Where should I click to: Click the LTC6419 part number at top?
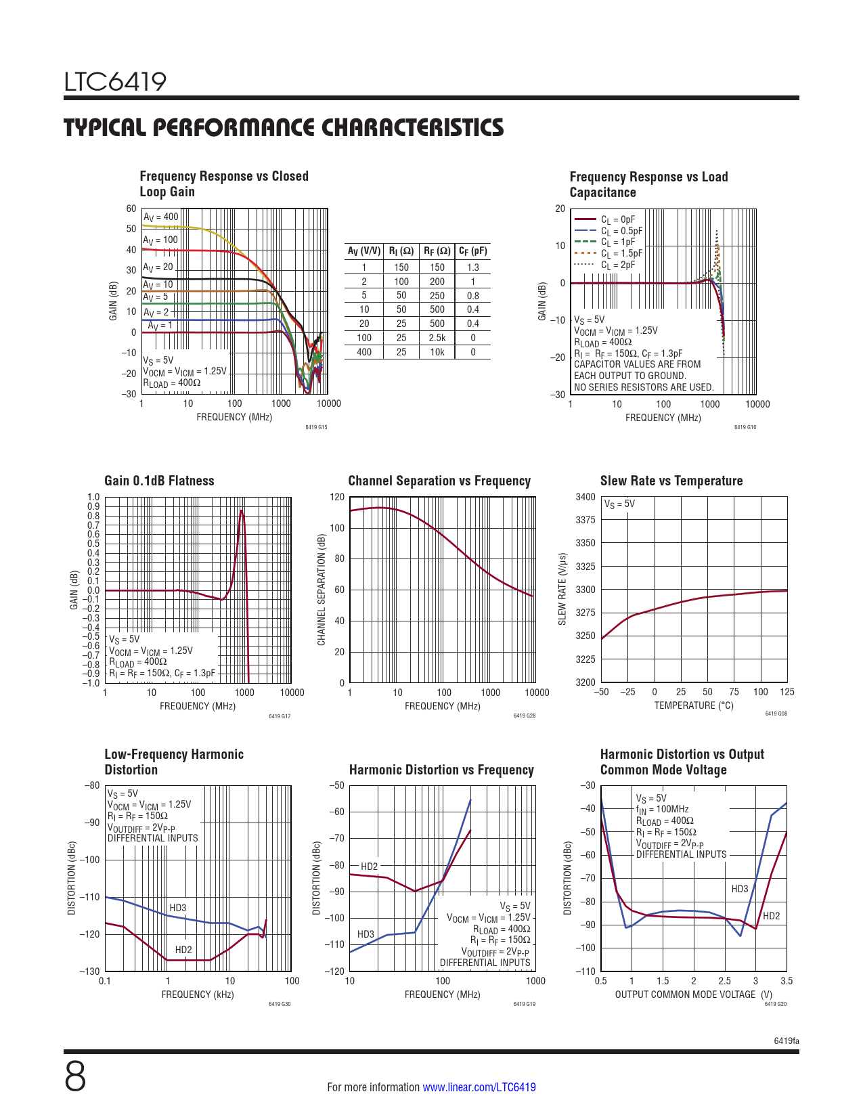point(115,82)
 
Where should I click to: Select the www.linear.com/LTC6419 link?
point(479,1087)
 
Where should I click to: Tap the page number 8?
point(75,1078)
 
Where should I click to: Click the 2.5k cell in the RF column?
point(437,338)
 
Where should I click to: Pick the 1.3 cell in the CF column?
point(472,267)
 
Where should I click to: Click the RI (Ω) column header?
point(401,251)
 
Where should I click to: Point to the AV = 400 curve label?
point(160,217)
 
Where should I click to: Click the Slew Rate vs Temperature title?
point(671,481)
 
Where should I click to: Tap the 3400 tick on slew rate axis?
point(585,497)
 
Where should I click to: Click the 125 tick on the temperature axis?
point(787,692)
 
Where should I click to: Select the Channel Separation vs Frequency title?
point(439,481)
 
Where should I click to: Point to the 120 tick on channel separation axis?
point(337,497)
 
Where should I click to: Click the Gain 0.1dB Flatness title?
point(159,481)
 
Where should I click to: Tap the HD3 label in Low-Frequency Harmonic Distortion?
point(177,908)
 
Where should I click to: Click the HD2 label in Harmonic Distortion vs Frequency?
point(369,867)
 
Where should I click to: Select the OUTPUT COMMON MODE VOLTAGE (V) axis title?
point(693,994)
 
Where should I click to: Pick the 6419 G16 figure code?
point(745,427)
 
